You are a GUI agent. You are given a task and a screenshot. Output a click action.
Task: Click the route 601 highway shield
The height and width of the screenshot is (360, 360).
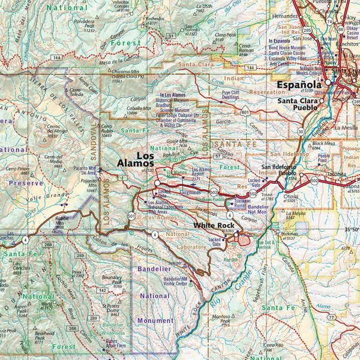pos(245,112)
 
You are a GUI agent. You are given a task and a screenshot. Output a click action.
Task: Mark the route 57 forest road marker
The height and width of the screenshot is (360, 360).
pos(217,155)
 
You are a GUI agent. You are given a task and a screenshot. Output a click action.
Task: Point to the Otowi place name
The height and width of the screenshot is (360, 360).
pos(291,196)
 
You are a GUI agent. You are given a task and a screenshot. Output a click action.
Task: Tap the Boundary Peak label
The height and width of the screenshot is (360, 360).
pos(112,279)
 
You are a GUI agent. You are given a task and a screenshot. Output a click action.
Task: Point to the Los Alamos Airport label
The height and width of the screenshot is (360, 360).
pos(200,172)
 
